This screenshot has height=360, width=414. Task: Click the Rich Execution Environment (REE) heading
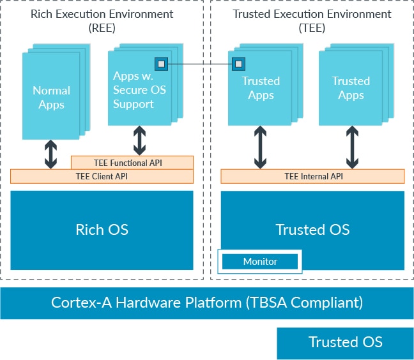click(102, 20)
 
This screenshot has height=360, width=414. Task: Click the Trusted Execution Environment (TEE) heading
click(311, 20)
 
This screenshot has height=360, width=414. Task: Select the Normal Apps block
click(51, 97)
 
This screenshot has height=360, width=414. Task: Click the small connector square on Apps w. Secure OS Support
click(161, 64)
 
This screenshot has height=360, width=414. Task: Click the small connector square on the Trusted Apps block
click(238, 63)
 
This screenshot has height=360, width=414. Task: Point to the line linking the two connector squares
click(199, 64)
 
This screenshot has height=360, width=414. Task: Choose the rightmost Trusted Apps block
click(351, 88)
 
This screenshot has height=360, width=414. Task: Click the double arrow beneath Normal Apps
click(51, 154)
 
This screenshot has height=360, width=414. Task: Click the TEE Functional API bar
click(132, 163)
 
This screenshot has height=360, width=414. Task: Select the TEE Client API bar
click(102, 176)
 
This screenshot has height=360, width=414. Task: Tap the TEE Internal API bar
click(312, 176)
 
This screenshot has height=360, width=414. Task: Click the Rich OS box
click(102, 230)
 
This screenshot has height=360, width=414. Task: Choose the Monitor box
click(260, 262)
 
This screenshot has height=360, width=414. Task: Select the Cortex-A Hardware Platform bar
click(207, 303)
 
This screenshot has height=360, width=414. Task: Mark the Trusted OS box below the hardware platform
click(345, 343)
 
